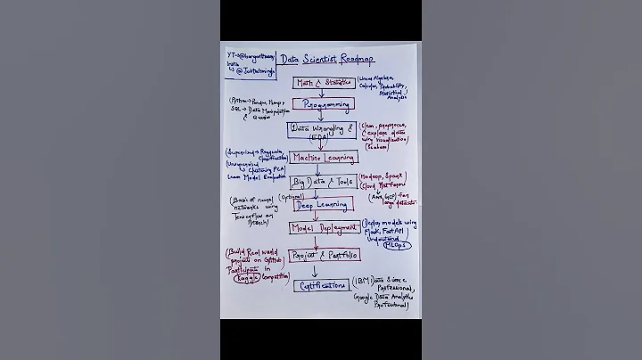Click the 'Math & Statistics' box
coord(324,83)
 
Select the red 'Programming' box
coord(324,104)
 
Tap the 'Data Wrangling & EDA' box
coord(322,130)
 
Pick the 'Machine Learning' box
coord(323,158)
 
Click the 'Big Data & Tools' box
coord(321,182)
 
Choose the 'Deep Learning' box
coord(323,204)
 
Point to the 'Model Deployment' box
coord(322,228)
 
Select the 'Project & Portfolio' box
coord(325,255)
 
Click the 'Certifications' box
coord(321,286)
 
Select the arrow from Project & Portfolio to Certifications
coord(314,271)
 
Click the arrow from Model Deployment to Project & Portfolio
coord(314,241)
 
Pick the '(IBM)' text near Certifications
coord(363,282)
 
